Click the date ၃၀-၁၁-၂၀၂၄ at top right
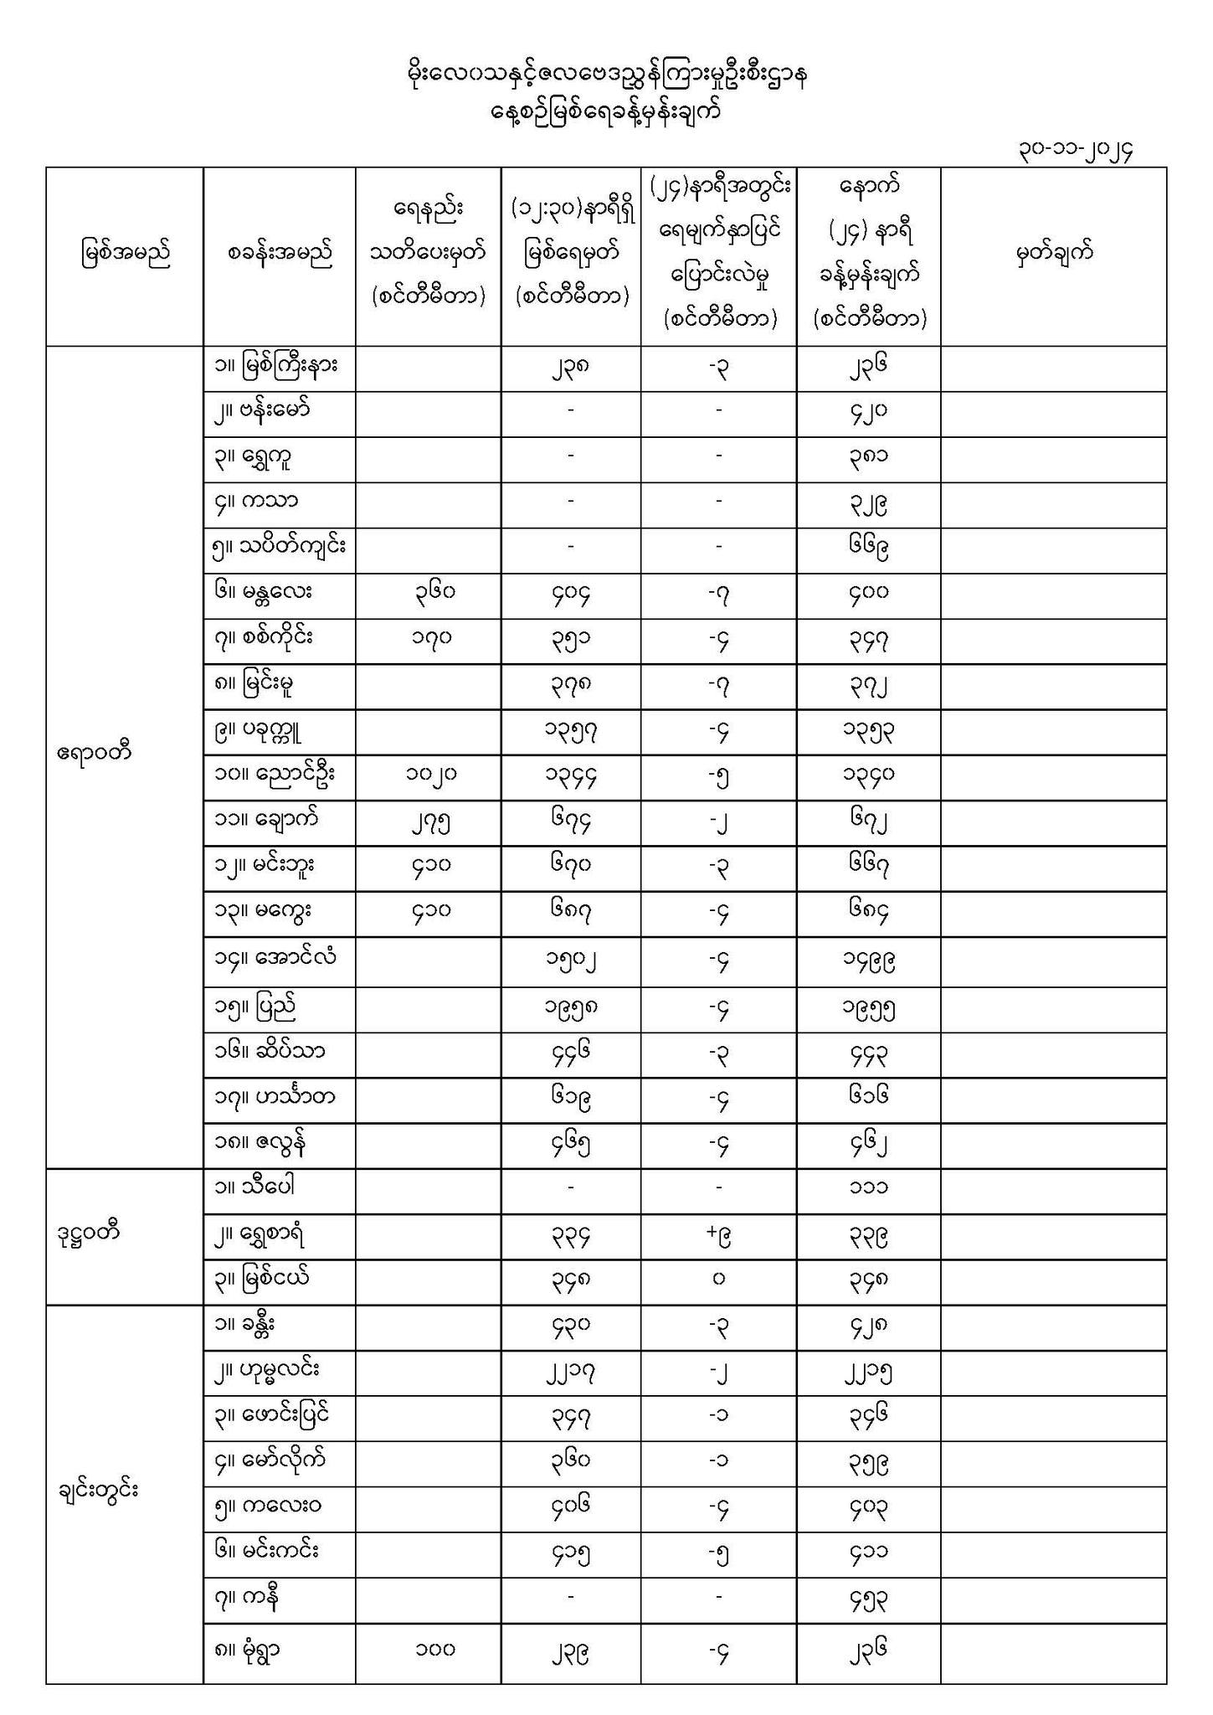[1076, 151]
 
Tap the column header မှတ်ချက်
[1054, 254]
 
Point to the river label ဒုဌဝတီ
[84, 1233]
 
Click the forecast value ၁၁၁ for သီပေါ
[867, 1187]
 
